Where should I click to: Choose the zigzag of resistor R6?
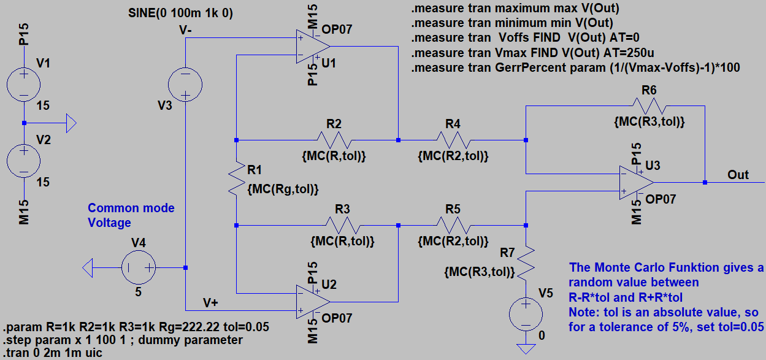649,105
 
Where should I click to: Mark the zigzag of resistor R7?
526,261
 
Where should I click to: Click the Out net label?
738,175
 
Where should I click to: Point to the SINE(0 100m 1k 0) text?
180,13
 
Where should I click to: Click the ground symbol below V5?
526,348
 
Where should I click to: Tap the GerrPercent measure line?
576,67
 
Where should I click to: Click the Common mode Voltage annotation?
131,215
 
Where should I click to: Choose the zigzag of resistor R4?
453,140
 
